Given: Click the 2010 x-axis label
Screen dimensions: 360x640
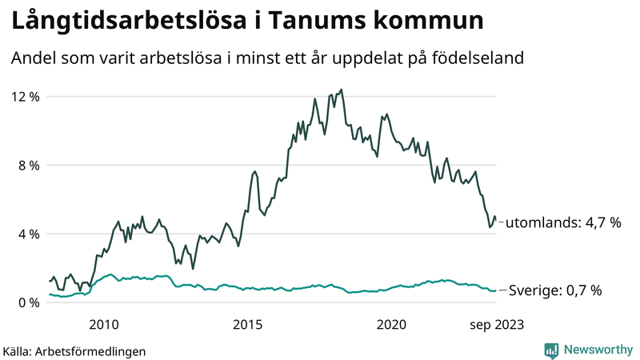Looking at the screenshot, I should [104, 324].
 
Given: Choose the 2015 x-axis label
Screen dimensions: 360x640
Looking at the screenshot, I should [247, 324].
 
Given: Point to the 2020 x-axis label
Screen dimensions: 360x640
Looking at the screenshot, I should [391, 324].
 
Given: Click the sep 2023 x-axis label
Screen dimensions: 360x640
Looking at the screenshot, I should [496, 324].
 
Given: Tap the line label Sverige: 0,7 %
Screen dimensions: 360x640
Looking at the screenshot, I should [555, 291].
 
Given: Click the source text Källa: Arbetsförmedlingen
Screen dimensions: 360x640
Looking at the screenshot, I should [74, 350].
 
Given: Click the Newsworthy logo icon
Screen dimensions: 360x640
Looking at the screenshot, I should [551, 350].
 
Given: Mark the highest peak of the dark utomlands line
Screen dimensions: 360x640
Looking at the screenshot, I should [342, 90].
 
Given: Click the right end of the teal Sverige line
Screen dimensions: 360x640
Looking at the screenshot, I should [495, 290].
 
